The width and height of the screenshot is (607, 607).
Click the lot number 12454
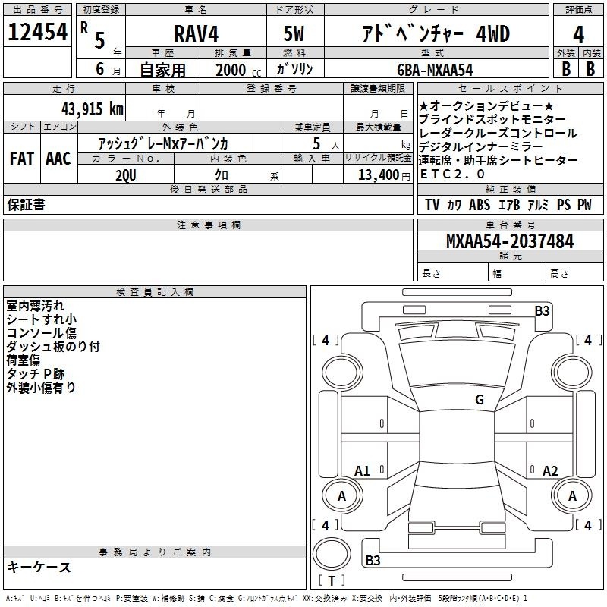point(37,32)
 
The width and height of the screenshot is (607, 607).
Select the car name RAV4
point(196,33)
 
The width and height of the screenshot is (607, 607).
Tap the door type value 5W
point(294,33)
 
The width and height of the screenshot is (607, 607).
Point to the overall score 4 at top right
point(578,34)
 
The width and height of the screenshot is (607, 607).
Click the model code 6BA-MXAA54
point(435,70)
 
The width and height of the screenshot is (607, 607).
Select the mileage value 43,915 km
point(92,109)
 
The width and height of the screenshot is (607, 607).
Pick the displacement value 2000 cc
point(238,71)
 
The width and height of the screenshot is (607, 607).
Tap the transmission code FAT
point(22,159)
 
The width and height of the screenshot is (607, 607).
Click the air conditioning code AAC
point(58,159)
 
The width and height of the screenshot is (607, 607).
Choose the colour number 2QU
point(126,175)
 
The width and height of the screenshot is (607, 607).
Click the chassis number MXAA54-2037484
point(510,241)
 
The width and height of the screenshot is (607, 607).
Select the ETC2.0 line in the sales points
point(451,174)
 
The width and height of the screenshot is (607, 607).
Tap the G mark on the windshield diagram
point(480,399)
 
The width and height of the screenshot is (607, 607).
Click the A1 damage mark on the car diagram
point(362,470)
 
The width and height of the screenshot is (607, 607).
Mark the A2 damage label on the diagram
point(549,470)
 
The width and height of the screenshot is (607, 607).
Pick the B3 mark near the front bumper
point(542,311)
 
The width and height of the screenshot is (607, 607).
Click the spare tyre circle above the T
point(332,554)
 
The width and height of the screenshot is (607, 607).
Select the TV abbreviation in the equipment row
point(432,205)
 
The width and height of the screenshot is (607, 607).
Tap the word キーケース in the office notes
point(39,567)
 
